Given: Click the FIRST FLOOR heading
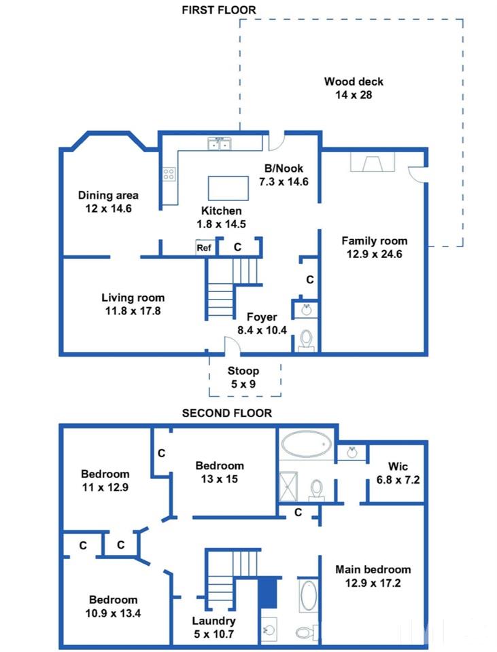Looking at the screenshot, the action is pos(219,10).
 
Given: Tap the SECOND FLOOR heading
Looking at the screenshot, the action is pos(227,413).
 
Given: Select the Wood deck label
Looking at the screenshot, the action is pos(354,81).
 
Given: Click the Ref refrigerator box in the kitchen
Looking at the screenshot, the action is pos(205,248).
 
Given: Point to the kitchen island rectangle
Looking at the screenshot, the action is pos(228,188).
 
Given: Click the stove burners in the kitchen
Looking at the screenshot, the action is pos(169,174).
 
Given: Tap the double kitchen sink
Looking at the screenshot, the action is pos(220,144).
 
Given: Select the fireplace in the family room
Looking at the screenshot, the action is pos(373,162).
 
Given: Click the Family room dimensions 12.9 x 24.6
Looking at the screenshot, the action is pos(375,254).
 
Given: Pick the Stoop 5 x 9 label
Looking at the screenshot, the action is pos(243,377).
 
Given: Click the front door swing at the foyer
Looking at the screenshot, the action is pos(233,346).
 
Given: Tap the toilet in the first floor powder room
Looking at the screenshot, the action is pos(307,340).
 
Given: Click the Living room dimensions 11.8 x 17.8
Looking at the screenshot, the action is pos(133,311).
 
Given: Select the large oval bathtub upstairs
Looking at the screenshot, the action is pos(307,444).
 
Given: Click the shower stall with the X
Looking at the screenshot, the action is pos(288,486).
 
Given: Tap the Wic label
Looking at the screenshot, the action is pos(398,466).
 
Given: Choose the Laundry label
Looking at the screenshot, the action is pos(213,621).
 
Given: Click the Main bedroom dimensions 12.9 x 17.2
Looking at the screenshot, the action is pos(373,583).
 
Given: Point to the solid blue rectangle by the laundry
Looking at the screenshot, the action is pos(268,592).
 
